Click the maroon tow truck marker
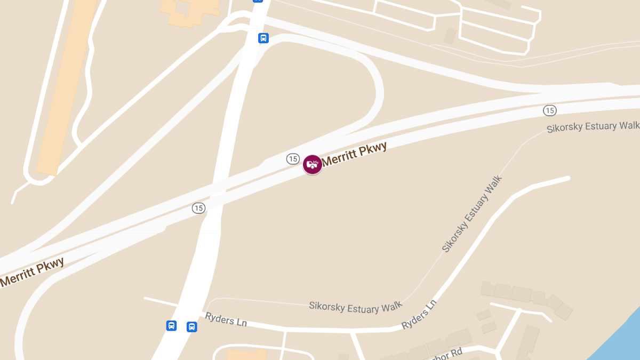point(313,164)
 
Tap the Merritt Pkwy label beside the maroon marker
point(354,154)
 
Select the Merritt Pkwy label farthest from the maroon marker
point(32,272)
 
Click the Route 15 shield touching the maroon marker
point(292,158)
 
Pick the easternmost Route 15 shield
point(550,110)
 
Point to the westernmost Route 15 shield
point(198,208)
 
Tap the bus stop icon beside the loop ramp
point(263,38)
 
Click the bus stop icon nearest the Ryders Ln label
point(192,326)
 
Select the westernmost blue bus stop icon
point(171,325)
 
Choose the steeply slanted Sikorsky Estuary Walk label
point(473,213)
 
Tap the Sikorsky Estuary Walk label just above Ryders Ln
point(355,307)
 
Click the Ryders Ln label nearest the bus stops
point(226,319)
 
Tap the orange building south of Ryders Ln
point(246,355)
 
